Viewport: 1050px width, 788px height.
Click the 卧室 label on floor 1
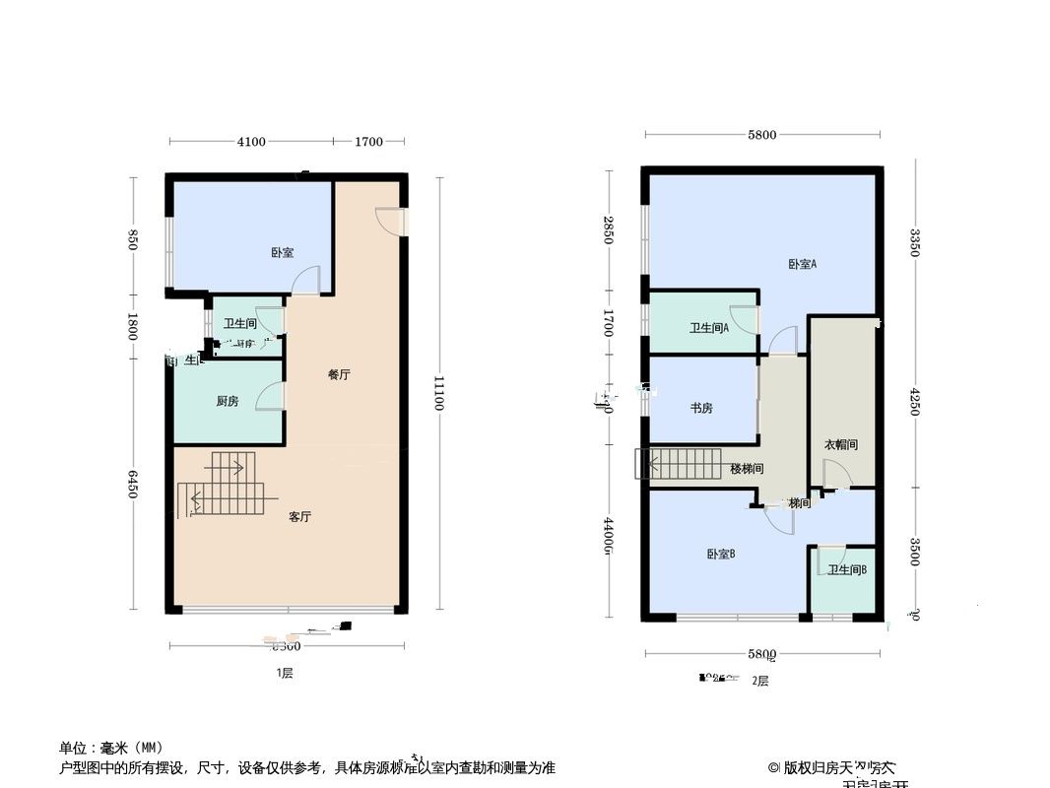point(283,253)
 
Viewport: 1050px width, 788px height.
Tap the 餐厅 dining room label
point(339,375)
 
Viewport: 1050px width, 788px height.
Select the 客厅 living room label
point(299,517)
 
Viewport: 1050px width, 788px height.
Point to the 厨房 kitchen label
point(228,401)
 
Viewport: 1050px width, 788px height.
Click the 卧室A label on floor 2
point(803,264)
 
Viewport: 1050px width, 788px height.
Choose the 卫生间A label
point(709,329)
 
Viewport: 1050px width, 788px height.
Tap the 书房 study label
point(701,408)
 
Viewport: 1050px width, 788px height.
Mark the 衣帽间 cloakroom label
point(840,445)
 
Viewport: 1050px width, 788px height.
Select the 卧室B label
point(721,555)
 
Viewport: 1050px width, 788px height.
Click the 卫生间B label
point(846,570)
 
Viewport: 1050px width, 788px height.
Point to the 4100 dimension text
point(251,142)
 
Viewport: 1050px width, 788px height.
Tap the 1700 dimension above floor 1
point(368,142)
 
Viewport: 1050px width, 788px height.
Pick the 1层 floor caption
point(284,674)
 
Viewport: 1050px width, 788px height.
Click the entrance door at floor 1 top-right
point(390,222)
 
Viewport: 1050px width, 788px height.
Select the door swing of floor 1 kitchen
point(270,396)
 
